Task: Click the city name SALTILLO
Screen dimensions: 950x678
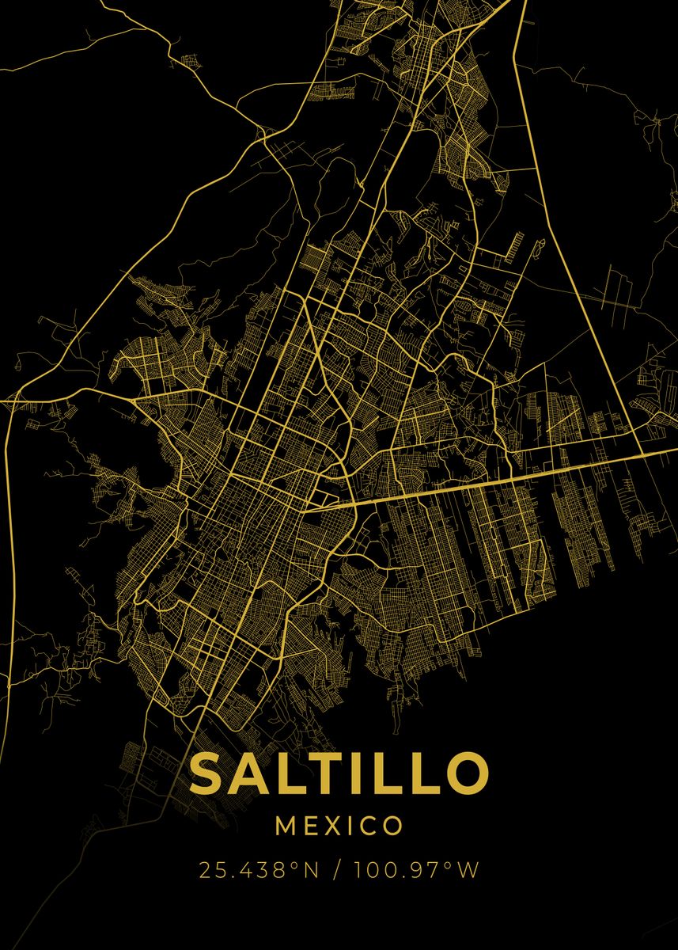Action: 339,773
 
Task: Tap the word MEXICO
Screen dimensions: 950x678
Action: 339,826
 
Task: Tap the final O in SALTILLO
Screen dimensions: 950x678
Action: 460,773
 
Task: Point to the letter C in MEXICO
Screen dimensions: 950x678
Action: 370,826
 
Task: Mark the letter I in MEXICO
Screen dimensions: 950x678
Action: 354,826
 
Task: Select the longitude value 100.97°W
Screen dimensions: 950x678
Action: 417,871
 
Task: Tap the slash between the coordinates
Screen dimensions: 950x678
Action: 338,871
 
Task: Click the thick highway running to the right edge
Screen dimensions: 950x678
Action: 554,471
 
